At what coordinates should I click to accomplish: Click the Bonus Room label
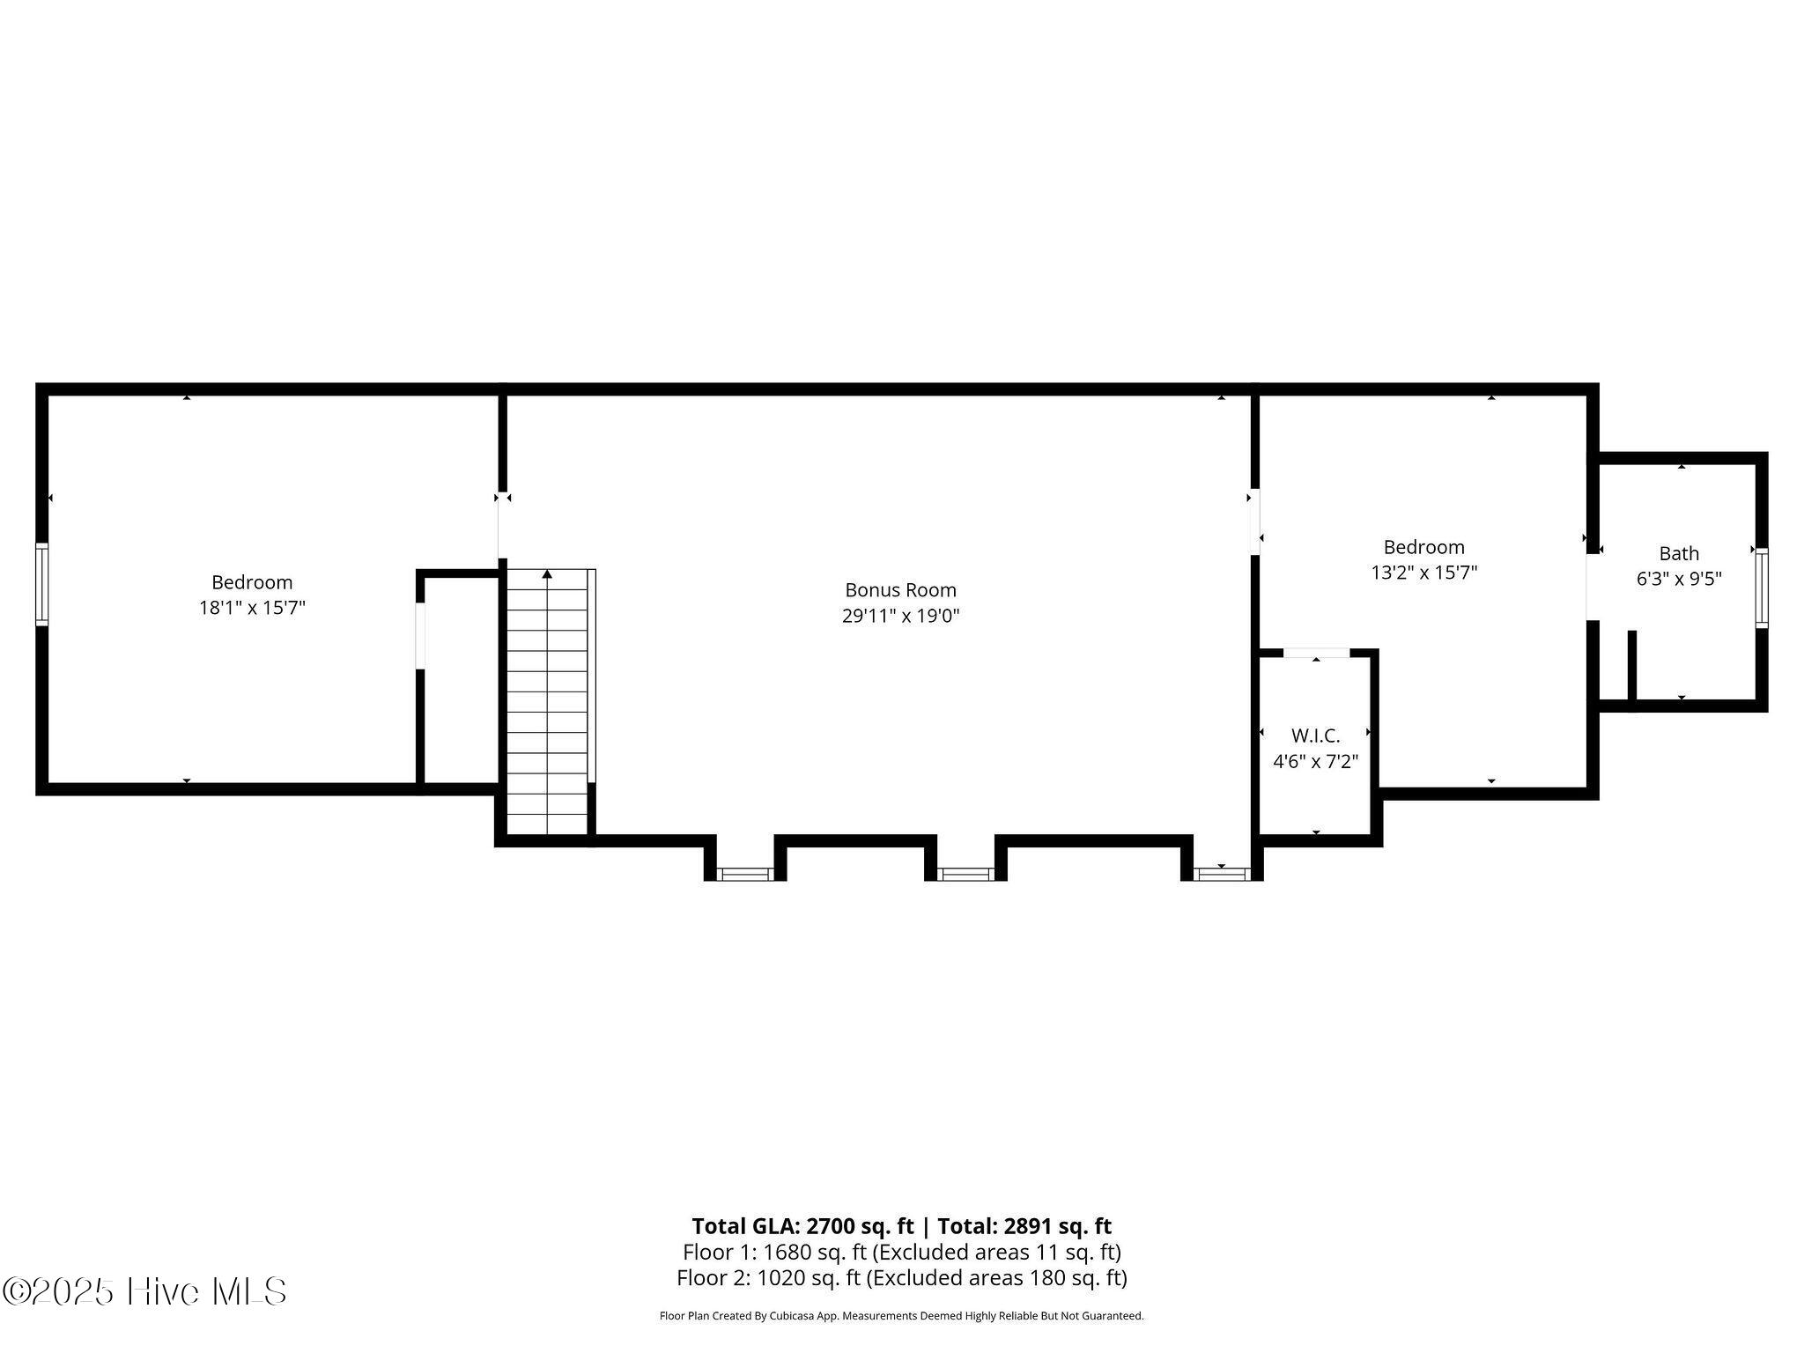[x=900, y=590]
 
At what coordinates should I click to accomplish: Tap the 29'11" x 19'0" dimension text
[x=900, y=616]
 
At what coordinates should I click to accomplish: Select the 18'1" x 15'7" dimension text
[x=252, y=608]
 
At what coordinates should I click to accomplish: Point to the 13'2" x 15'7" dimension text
[x=1423, y=573]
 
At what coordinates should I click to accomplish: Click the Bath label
[x=1679, y=553]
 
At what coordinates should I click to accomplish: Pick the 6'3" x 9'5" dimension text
[x=1679, y=579]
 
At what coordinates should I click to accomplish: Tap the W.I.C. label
[x=1315, y=736]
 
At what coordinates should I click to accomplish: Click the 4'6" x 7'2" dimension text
[x=1315, y=761]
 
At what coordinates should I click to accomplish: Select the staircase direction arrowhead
[x=547, y=574]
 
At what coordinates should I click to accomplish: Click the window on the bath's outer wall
[x=1761, y=588]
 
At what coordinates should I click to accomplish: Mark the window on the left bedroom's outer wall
[x=41, y=585]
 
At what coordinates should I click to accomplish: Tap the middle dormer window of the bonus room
[x=965, y=874]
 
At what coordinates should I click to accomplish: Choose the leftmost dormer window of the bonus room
[x=745, y=874]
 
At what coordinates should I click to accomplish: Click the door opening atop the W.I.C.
[x=1316, y=653]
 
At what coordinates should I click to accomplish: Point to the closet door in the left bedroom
[x=420, y=636]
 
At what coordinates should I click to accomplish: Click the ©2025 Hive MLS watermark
[x=144, y=1291]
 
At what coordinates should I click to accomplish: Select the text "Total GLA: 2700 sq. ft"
[x=802, y=1226]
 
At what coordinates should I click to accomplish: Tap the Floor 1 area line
[x=901, y=1252]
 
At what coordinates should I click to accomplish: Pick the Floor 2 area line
[x=901, y=1278]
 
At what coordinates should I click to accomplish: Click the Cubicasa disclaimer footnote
[x=901, y=1316]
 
